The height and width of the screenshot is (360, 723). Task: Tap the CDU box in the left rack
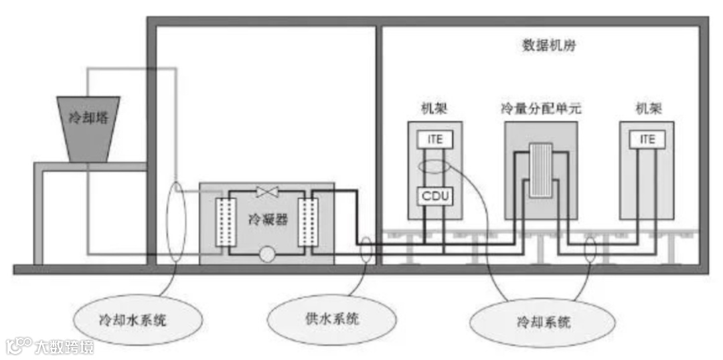pos(435,196)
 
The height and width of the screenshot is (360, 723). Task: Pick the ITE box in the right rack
pos(647,139)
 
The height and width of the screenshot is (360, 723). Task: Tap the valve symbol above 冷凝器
pos(268,193)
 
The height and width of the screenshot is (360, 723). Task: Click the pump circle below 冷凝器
pos(268,254)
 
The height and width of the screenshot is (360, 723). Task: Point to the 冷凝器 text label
pos(267,219)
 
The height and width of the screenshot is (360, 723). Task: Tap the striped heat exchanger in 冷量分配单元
pos(540,170)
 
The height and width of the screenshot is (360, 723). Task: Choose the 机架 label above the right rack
pos(647,108)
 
